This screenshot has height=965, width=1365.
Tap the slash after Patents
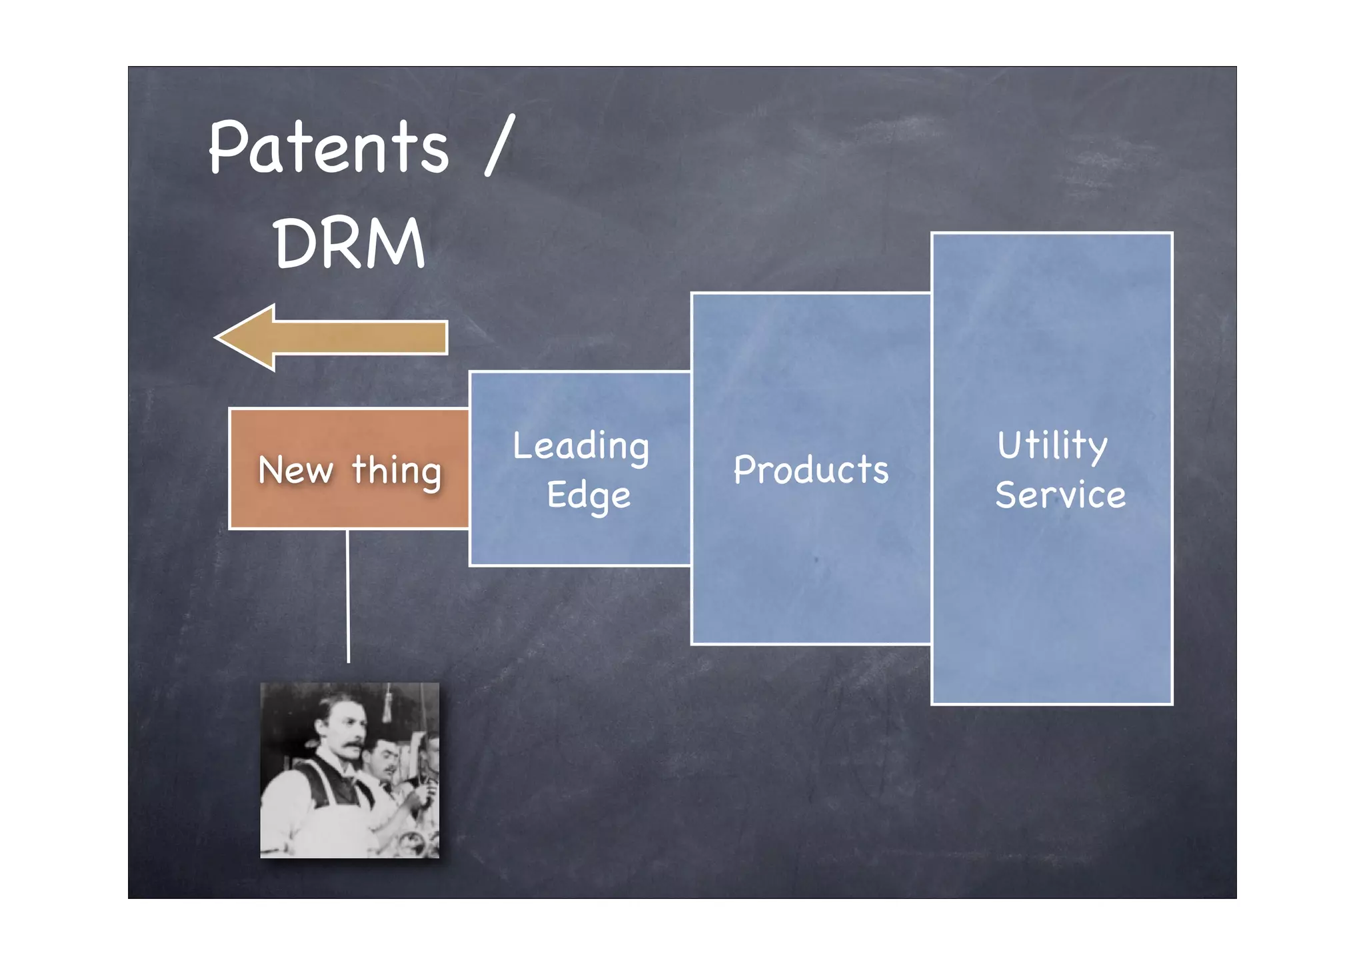(500, 145)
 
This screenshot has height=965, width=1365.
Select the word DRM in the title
(349, 243)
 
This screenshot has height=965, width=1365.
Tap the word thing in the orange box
(397, 471)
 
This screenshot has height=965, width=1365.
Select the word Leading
(581, 446)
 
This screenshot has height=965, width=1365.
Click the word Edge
(589, 496)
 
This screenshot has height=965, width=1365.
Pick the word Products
(811, 469)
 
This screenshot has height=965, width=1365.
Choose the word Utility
(1052, 445)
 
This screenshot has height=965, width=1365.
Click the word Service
(1060, 496)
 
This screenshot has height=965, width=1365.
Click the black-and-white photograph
(349, 770)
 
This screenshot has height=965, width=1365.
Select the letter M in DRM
(400, 243)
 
